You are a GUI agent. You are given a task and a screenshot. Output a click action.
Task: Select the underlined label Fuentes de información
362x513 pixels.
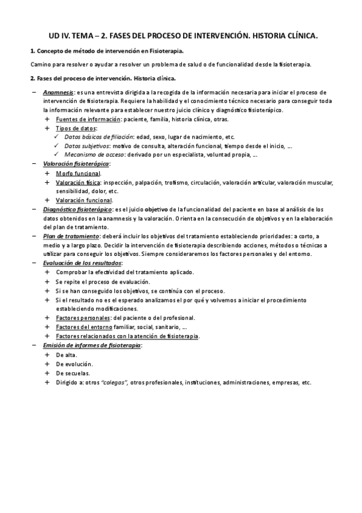83,120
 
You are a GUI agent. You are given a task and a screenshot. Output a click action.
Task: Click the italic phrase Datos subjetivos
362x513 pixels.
85,146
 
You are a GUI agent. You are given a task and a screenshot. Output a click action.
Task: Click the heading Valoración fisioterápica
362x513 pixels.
76,164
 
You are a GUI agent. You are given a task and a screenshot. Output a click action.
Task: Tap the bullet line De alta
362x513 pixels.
66,355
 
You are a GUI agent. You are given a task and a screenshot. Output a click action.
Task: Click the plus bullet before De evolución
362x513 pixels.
47,364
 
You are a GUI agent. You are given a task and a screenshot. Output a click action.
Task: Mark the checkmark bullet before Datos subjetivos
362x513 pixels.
56,146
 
